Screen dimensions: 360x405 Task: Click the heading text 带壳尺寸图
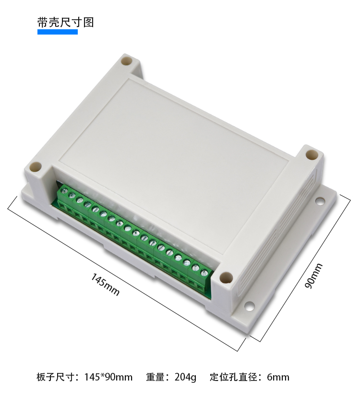point(65,22)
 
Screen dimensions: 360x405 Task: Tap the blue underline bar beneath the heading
point(58,32)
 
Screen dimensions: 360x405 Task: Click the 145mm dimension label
point(105,285)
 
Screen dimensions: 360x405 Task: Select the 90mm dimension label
point(313,275)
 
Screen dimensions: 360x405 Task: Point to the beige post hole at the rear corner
point(126,61)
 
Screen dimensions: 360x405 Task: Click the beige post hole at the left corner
point(36,167)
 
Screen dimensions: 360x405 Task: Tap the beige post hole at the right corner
point(312,155)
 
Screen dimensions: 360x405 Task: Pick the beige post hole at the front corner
point(226,277)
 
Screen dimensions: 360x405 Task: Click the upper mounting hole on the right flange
point(320,201)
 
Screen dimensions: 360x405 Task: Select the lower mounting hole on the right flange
point(250,306)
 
